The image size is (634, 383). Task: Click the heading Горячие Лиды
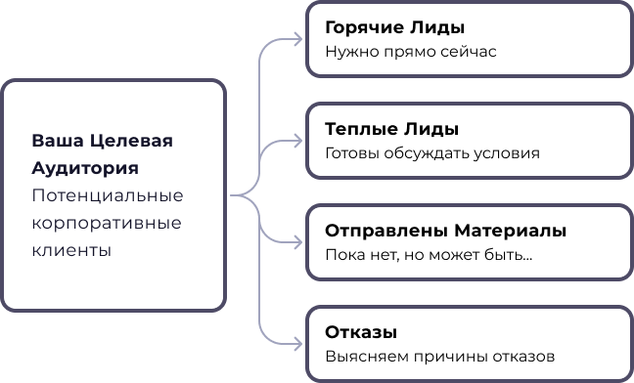pos(394,28)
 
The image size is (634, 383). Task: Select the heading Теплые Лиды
pos(391,130)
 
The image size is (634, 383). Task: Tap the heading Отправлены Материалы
pos(445,231)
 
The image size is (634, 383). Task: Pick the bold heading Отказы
pos(361,332)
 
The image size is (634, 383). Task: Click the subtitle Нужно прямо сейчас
pos(411,52)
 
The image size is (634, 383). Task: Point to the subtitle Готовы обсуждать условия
pos(432,153)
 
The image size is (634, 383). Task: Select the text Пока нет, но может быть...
pos(429,255)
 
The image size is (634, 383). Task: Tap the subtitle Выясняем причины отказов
pos(440,357)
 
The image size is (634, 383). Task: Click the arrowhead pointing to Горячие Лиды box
pos(297,39)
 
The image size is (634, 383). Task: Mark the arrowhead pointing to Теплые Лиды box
pos(297,142)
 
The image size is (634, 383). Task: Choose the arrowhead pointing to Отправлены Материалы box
pos(297,242)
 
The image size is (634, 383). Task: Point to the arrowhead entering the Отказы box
pos(297,344)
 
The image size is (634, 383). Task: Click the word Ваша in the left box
pos(58,141)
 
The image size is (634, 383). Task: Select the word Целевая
pos(131,142)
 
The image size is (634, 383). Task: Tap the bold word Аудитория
pos(85,169)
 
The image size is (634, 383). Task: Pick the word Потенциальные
pos(108,196)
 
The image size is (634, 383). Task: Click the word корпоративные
pos(107,224)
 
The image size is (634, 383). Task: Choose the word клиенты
pos(71,251)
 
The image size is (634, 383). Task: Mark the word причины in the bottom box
pos(451,358)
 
